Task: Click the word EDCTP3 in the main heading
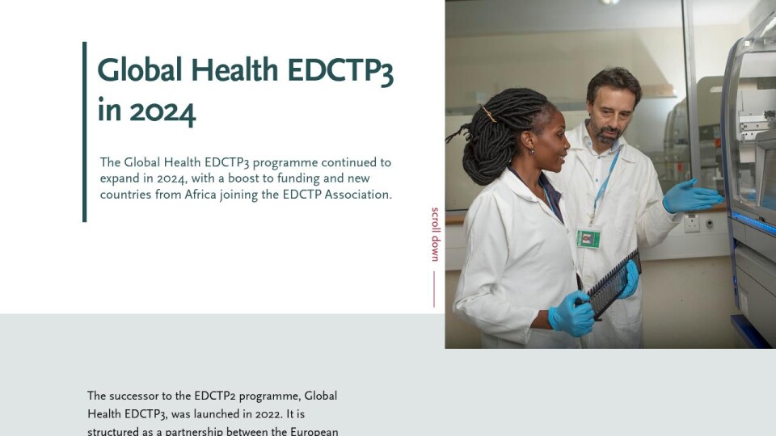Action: pyautogui.click(x=340, y=71)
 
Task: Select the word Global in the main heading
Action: pyautogui.click(x=140, y=69)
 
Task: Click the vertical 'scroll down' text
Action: pyautogui.click(x=435, y=234)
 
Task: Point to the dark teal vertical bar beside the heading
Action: pyautogui.click(x=85, y=132)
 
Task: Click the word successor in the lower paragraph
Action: pyautogui.click(x=132, y=396)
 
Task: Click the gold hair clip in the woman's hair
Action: pyautogui.click(x=489, y=114)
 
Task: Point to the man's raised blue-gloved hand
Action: pyautogui.click(x=692, y=196)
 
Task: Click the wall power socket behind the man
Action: pyautogui.click(x=692, y=223)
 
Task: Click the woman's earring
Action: pyautogui.click(x=531, y=151)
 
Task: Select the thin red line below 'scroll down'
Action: pyautogui.click(x=434, y=289)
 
